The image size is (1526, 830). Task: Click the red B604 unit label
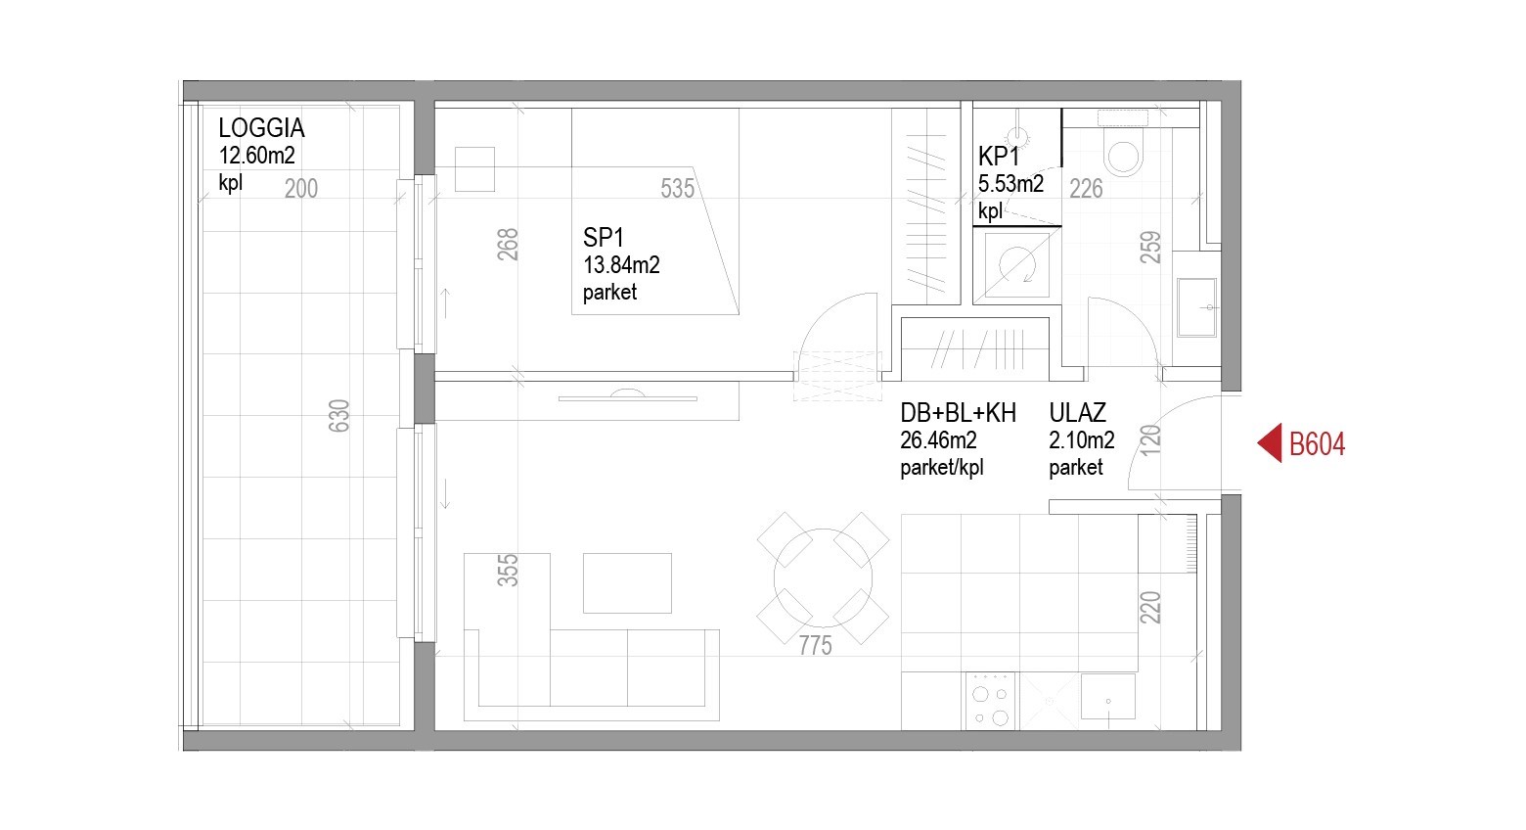(1317, 444)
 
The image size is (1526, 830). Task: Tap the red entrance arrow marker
(1270, 443)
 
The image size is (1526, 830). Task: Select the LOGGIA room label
(261, 128)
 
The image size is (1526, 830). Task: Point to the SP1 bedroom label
(603, 238)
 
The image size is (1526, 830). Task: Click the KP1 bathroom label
(999, 157)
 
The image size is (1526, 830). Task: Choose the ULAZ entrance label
(1077, 413)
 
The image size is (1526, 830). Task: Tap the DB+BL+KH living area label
(958, 413)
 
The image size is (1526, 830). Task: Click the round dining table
(823, 577)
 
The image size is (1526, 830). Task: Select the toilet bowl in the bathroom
(1123, 156)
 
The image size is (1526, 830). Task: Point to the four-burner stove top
(991, 701)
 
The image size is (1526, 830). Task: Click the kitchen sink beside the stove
(1107, 697)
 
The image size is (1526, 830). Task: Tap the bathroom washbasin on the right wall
(1197, 307)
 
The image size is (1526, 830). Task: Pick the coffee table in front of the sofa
(627, 583)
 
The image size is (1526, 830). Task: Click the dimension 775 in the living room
(816, 645)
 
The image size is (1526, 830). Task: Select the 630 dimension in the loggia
(338, 416)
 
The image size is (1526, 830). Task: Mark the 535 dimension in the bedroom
(677, 188)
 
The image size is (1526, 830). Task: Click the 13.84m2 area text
(621, 265)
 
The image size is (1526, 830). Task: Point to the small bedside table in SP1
(474, 169)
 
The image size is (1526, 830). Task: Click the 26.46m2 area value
(938, 440)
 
